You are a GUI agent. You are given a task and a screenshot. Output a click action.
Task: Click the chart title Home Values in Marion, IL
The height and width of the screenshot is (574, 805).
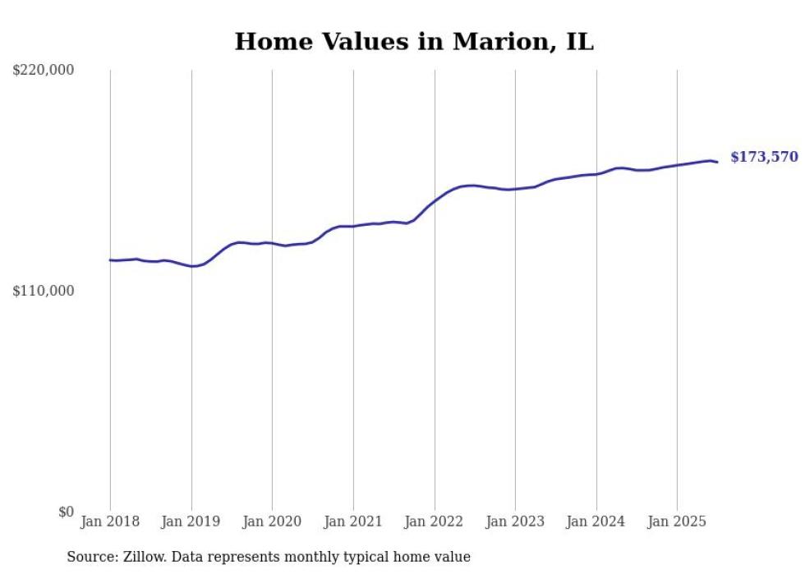(414, 42)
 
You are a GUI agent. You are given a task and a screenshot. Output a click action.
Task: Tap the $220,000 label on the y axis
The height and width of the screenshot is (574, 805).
(43, 71)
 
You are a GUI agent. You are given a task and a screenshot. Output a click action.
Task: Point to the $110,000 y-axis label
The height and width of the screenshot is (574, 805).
(43, 291)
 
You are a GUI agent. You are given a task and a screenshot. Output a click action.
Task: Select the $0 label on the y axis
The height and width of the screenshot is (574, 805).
(66, 512)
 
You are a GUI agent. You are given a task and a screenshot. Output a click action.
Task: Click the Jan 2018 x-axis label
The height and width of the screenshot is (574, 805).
(110, 521)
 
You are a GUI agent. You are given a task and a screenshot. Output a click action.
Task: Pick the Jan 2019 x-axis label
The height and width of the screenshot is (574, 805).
(191, 521)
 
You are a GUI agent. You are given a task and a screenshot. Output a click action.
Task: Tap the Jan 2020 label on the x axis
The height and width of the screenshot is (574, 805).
(272, 521)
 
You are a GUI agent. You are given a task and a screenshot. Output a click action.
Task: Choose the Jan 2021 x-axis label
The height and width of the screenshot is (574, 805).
(353, 521)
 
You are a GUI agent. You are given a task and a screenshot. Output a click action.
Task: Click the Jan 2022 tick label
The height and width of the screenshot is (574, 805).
(435, 521)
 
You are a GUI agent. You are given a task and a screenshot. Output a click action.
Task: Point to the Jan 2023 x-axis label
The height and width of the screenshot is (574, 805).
(515, 521)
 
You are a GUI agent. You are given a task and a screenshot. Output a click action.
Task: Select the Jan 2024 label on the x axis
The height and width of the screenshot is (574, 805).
(596, 521)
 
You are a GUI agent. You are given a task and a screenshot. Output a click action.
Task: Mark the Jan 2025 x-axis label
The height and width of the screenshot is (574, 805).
(677, 521)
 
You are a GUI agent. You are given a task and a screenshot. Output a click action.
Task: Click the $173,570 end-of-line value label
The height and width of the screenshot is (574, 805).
(764, 157)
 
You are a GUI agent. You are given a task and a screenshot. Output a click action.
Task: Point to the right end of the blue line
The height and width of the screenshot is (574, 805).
(717, 162)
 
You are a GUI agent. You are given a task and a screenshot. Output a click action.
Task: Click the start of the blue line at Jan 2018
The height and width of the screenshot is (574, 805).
(111, 260)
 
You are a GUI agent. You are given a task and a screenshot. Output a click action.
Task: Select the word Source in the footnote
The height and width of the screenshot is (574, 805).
(90, 557)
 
